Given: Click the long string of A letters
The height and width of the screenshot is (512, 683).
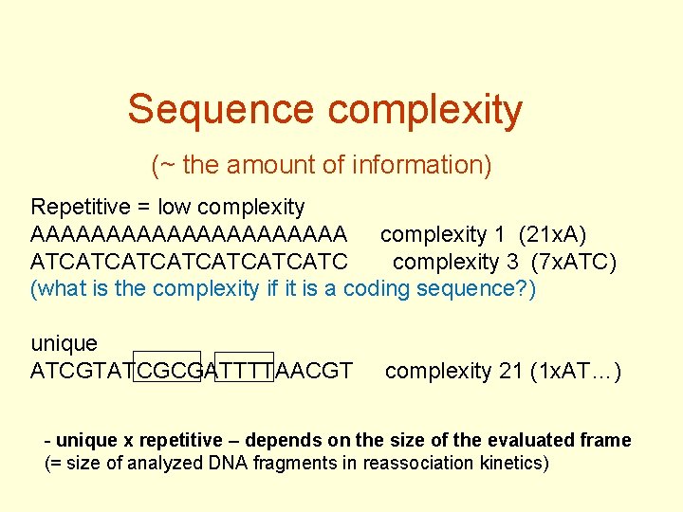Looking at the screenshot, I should point(189,234).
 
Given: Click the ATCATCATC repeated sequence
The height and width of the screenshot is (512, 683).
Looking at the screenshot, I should point(189,262).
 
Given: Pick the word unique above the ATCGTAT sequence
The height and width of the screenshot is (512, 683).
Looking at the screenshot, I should point(64,343).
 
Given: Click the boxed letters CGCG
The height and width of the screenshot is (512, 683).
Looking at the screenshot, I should point(168,370).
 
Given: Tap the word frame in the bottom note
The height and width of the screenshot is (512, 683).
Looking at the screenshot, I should point(608,440).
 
